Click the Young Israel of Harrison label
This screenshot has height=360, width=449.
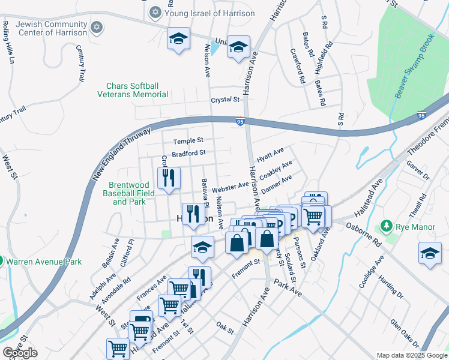209,13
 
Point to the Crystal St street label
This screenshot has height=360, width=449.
224,100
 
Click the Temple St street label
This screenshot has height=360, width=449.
188,141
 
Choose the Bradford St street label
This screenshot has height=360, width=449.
188,154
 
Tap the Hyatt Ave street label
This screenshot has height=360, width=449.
270,155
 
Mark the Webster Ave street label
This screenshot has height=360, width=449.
231,187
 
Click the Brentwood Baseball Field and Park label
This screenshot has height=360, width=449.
129,193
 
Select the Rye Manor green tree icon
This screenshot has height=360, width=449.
387,227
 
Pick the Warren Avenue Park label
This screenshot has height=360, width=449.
48,262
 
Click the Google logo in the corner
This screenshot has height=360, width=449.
20,353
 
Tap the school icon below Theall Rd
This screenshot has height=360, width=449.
430,253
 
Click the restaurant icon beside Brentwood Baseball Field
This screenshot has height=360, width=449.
169,178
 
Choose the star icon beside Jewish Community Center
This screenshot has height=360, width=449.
96,28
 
